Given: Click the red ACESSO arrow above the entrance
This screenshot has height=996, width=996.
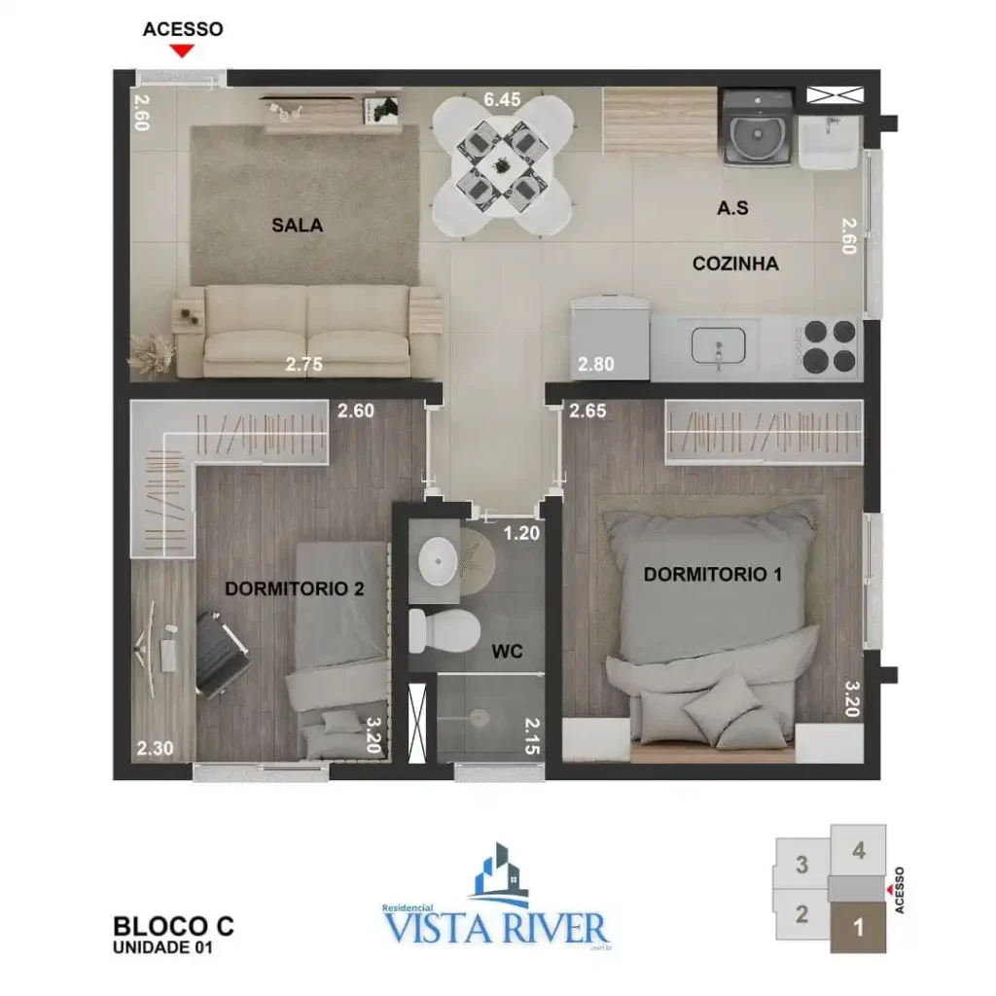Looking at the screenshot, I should pyautogui.click(x=182, y=51).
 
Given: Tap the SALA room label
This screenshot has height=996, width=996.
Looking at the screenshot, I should pyautogui.click(x=297, y=226).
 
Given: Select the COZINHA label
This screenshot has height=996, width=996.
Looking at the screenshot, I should pyautogui.click(x=735, y=264).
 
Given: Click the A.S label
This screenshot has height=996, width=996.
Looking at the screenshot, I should pyautogui.click(x=732, y=207).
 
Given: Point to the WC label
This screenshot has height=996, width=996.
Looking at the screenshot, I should pyautogui.click(x=508, y=652).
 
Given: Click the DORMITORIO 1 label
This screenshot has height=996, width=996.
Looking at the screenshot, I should pyautogui.click(x=712, y=575).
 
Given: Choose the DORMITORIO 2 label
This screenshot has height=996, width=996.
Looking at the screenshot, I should pyautogui.click(x=294, y=588).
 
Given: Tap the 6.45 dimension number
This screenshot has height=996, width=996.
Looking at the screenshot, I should pyautogui.click(x=502, y=99).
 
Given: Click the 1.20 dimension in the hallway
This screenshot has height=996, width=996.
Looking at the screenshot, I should pyautogui.click(x=521, y=533).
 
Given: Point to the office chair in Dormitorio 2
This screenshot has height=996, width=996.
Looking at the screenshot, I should pyautogui.click(x=222, y=653).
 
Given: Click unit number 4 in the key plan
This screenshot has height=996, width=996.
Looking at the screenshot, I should pyautogui.click(x=858, y=851).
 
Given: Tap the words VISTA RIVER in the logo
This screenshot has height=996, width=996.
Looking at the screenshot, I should pyautogui.click(x=496, y=927).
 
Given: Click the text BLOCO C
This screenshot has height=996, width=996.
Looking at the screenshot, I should pyautogui.click(x=173, y=925).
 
